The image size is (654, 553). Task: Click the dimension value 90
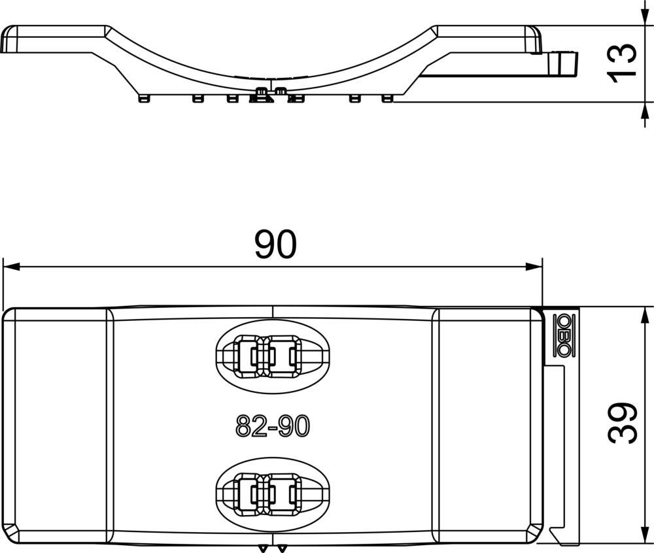(276, 244)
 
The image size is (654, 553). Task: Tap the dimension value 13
(622, 63)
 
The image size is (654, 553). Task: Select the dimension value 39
(622, 423)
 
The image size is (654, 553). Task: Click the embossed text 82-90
(272, 426)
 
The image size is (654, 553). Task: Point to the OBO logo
(564, 335)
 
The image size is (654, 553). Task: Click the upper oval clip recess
(272, 356)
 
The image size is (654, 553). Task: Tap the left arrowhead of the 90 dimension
(11, 267)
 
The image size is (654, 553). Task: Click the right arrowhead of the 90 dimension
(534, 267)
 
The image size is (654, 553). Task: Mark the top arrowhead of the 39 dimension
(644, 316)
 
